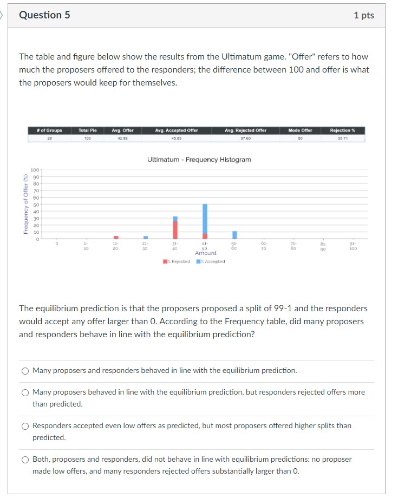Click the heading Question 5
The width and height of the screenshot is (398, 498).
click(44, 15)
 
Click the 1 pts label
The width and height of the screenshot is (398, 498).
click(363, 15)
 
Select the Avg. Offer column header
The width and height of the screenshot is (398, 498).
click(122, 130)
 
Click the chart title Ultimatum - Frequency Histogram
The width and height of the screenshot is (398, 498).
click(199, 160)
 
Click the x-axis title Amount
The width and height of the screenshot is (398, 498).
click(205, 253)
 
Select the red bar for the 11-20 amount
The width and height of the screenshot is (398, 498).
click(116, 237)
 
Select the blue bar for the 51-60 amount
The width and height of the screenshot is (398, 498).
click(234, 235)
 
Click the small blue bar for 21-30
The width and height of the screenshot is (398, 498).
click(146, 237)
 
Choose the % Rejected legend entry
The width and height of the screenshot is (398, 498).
click(177, 261)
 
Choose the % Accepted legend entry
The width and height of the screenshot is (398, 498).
click(211, 261)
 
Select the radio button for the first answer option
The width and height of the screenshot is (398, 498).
click(25, 371)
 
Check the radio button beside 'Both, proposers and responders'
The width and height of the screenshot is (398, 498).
click(25, 460)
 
